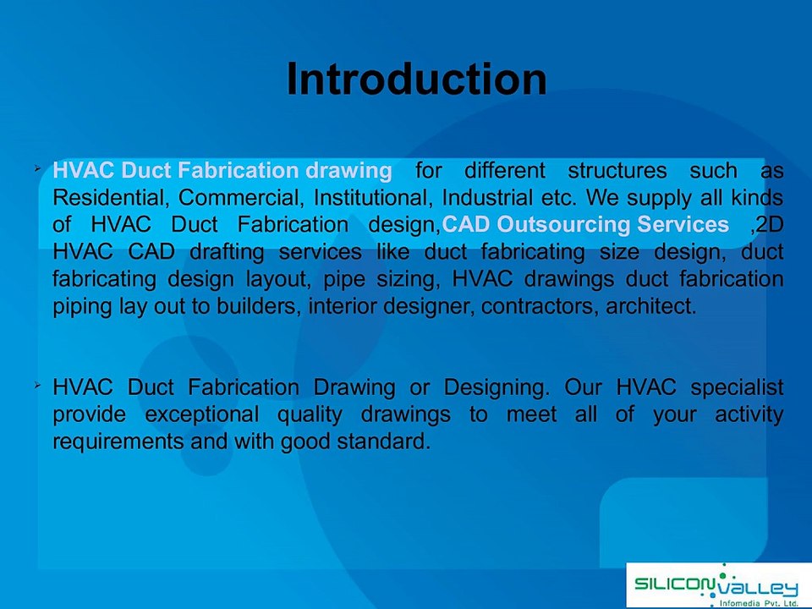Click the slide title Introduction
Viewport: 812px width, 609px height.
pyautogui.click(x=416, y=80)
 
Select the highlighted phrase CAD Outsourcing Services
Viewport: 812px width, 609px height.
pyautogui.click(x=585, y=225)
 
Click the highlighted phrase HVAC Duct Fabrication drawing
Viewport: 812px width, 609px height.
pyautogui.click(x=222, y=171)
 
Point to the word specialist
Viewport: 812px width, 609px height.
pyautogui.click(x=737, y=388)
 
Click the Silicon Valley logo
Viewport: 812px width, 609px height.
pyautogui.click(x=717, y=584)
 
